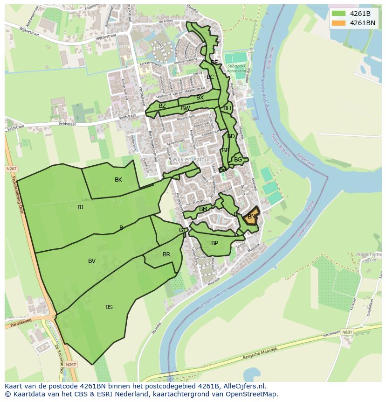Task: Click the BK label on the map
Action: tap(118, 180)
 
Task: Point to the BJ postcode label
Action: tap(80, 207)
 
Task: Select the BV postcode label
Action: tap(92, 261)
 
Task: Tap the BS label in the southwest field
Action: tap(109, 307)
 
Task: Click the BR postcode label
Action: tap(166, 254)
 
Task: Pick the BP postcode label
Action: tap(214, 243)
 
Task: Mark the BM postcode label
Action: tap(203, 209)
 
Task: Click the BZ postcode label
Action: tap(162, 106)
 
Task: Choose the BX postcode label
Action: tap(200, 98)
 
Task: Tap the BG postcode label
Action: tap(238, 160)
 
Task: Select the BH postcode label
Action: tap(227, 108)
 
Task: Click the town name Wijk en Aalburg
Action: tap(193, 159)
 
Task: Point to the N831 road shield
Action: tap(347, 332)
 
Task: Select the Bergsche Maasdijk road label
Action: tap(260, 353)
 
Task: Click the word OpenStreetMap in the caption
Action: tap(254, 394)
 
